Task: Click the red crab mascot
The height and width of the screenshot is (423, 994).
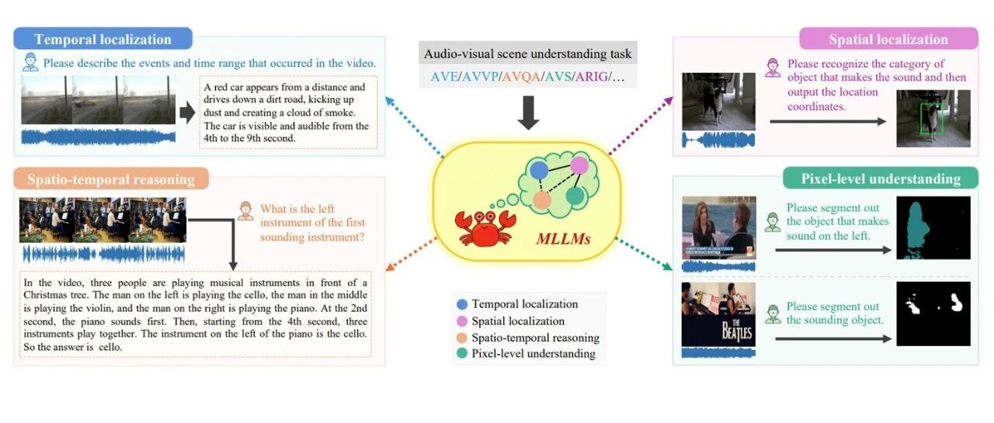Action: pyautogui.click(x=485, y=228)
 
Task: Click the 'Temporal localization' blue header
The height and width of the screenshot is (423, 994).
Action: pyautogui.click(x=103, y=39)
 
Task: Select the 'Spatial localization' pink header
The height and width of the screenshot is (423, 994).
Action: pyautogui.click(x=888, y=39)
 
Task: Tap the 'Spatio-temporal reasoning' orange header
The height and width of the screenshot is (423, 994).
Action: pyautogui.click(x=111, y=179)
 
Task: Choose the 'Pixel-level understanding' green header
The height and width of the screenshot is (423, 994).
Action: pyautogui.click(x=881, y=179)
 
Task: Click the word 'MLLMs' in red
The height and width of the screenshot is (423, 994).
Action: pyautogui.click(x=563, y=239)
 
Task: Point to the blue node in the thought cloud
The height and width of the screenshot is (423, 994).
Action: pyautogui.click(x=539, y=171)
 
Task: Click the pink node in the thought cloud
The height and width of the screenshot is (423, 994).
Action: pyautogui.click(x=579, y=165)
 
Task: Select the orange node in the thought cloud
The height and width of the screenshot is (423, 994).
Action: pyautogui.click(x=542, y=200)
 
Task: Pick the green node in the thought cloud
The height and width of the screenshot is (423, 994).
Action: pyautogui.click(x=575, y=196)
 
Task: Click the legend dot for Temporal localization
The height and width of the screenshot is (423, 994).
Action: pyautogui.click(x=462, y=304)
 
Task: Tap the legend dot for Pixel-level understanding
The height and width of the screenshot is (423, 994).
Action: pyautogui.click(x=462, y=353)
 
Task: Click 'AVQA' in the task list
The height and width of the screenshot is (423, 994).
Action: pyautogui.click(x=521, y=77)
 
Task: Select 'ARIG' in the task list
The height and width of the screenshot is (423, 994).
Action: pyautogui.click(x=592, y=77)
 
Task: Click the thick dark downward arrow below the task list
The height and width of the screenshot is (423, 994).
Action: pyautogui.click(x=528, y=113)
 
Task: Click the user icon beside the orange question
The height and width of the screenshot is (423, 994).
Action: pyautogui.click(x=245, y=211)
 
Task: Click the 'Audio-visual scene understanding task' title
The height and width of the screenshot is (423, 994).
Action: pyautogui.click(x=527, y=54)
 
